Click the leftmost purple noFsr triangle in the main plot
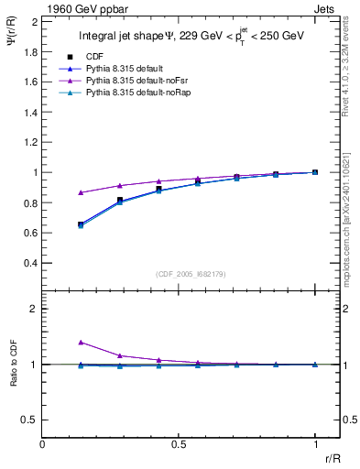81,192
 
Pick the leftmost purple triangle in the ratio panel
81,342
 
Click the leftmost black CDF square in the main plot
81,224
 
